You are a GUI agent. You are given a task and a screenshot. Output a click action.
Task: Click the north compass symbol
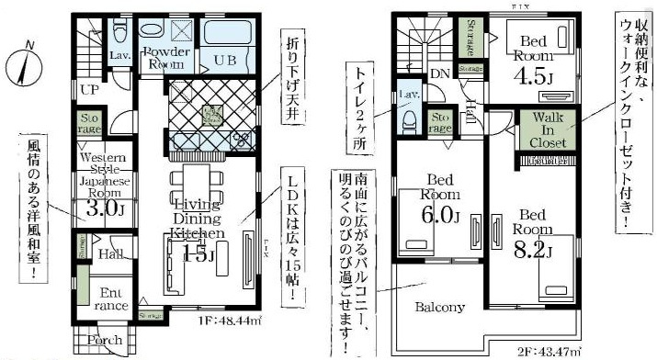pyautogui.click(x=26, y=62)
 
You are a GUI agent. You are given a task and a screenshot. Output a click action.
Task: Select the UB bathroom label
pyautogui.click(x=226, y=60)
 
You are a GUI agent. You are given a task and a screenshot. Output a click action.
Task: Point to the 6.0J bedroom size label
pyautogui.click(x=441, y=218)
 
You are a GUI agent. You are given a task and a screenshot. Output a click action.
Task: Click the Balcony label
pyautogui.click(x=438, y=308)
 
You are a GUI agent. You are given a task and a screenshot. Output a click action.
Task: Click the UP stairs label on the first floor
pyautogui.click(x=91, y=91)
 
